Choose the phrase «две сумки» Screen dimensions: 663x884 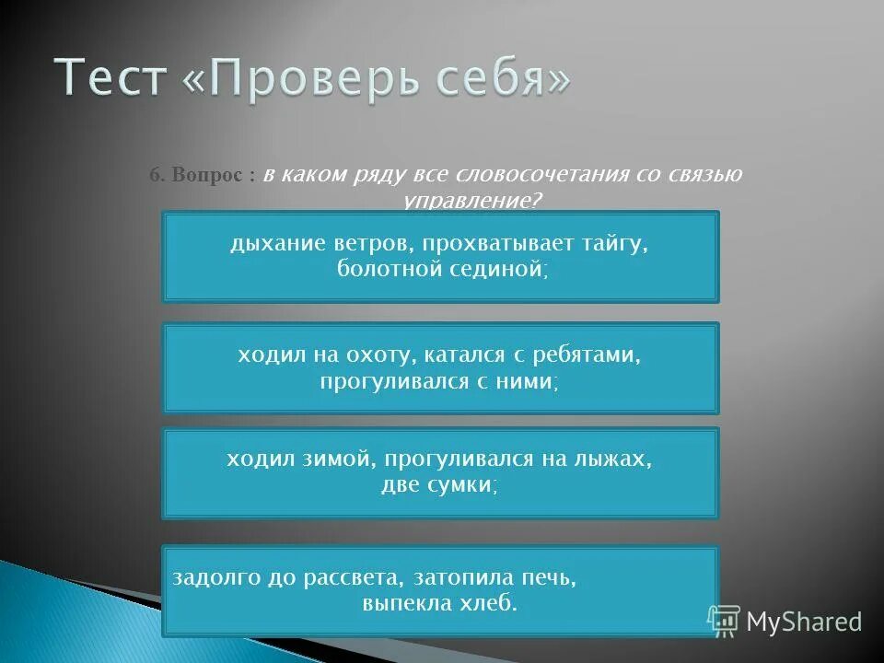[438, 485]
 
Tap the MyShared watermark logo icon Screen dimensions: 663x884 [723, 621]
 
